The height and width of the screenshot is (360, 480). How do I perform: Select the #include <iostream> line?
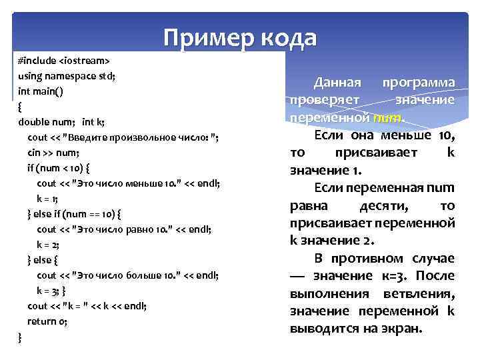(64, 60)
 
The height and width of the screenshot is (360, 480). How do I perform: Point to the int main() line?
(41, 91)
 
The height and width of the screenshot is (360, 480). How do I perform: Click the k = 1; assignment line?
(48, 198)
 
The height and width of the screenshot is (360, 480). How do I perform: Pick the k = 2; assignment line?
(49, 244)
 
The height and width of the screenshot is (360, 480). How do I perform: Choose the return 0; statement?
(48, 321)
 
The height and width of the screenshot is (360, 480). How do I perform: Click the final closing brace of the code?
(20, 337)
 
